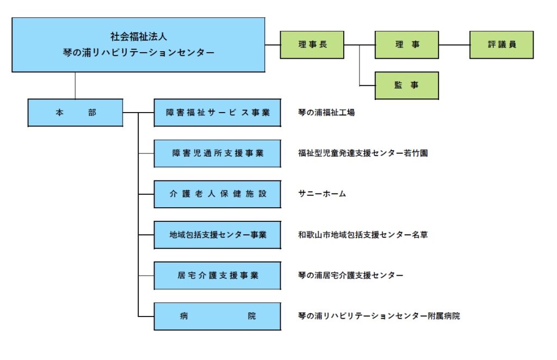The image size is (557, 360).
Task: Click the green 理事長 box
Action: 312,45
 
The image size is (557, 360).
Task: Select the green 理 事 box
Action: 407,45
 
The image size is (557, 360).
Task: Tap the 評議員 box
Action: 502,45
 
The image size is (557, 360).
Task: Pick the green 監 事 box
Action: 407,85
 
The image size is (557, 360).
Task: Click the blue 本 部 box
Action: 75,113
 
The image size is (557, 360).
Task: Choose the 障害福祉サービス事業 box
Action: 218,113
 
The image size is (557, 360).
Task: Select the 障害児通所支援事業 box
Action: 218,153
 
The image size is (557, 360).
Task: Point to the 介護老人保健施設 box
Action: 218,194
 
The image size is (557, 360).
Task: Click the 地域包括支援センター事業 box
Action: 218,235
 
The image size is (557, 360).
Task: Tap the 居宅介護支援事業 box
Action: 218,276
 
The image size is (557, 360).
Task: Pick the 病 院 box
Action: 218,316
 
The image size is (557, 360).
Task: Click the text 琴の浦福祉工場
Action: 326,113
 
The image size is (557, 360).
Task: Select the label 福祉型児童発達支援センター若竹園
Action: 363,153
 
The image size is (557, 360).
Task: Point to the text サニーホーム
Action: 322,194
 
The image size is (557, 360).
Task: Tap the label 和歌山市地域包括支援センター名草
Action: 363,235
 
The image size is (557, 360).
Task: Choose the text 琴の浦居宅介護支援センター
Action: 351,275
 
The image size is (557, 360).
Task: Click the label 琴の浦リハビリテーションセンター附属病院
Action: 379,316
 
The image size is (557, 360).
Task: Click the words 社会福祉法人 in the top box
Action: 139,36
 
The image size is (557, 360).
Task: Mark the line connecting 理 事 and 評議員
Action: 454,45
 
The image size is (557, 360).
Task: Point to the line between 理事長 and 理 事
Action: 360,45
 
